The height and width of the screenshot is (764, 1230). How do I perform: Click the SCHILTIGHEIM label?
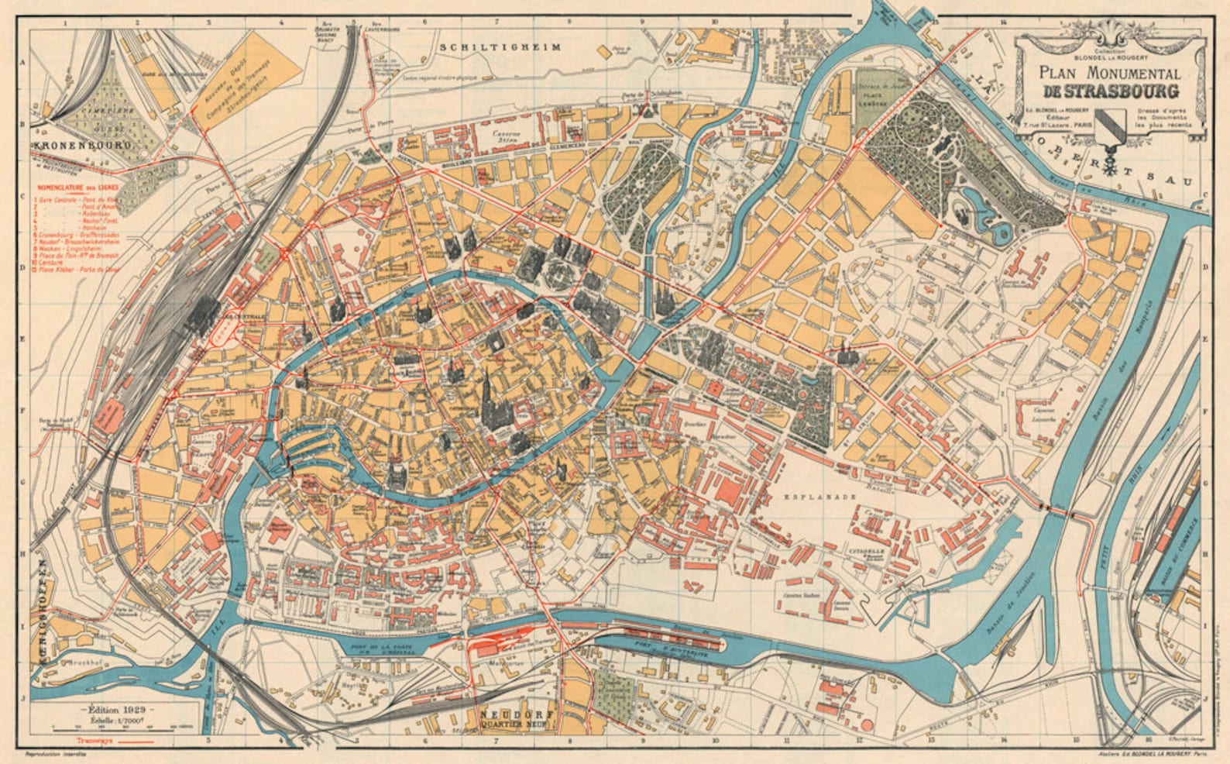pos(500,47)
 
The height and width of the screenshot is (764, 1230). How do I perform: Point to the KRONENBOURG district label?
pos(81,144)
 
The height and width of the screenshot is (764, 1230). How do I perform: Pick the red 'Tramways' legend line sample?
pos(140,740)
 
